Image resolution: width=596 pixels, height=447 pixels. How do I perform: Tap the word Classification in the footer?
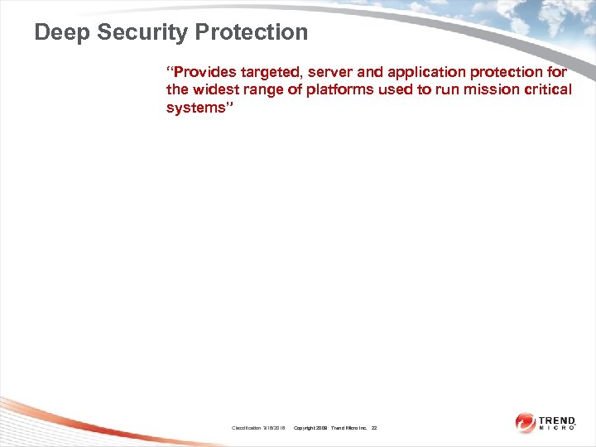point(247,428)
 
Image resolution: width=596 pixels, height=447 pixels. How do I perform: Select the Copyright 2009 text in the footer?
point(311,428)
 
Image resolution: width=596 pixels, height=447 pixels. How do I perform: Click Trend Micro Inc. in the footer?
point(349,428)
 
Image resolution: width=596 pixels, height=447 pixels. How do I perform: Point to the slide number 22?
point(374,428)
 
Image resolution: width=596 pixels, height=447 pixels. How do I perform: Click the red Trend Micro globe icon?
point(526,423)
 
